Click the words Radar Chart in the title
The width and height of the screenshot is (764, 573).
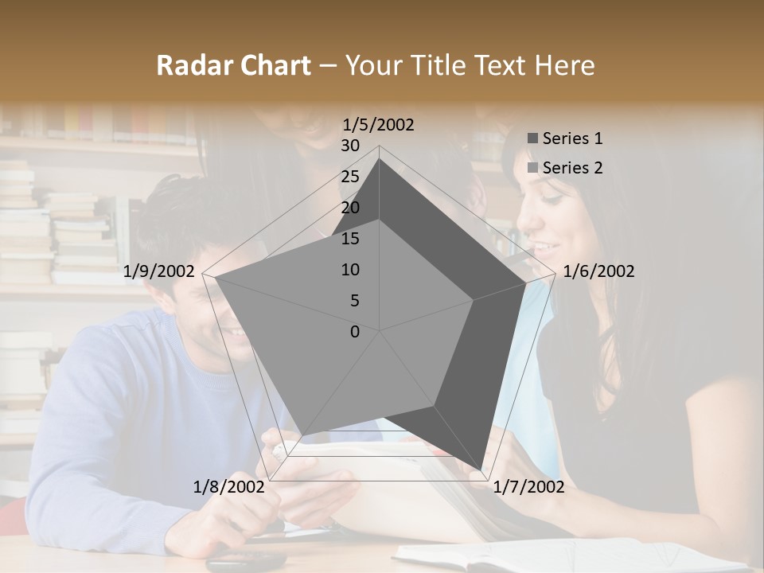[233, 66]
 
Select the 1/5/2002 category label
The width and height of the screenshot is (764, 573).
[379, 125]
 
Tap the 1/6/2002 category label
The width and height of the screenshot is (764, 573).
[598, 271]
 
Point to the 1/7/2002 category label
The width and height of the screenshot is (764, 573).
[528, 487]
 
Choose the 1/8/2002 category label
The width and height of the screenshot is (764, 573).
[229, 487]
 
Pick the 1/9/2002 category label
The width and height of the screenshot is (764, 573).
[159, 271]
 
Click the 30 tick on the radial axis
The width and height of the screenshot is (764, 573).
[350, 146]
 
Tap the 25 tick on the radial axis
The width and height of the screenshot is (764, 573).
[350, 177]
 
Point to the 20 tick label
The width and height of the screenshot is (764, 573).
[350, 208]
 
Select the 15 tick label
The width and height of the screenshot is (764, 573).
[350, 239]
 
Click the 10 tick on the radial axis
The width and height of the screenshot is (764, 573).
[350, 270]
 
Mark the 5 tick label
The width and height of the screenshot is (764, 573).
[354, 301]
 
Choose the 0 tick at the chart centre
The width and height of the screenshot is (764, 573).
[355, 332]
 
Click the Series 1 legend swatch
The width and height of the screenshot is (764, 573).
[532, 138]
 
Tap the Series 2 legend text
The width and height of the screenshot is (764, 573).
[572, 168]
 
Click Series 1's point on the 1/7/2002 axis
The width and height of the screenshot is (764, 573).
[481, 469]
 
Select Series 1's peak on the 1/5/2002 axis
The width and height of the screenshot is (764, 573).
[380, 158]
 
